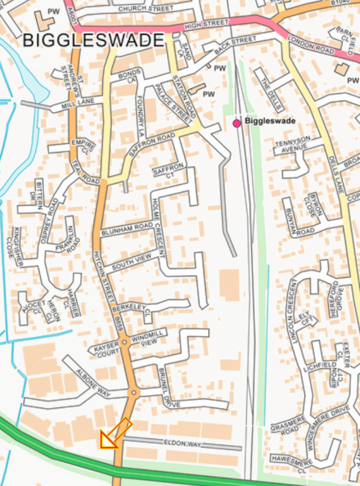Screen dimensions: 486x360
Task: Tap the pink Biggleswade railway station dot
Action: (236, 124)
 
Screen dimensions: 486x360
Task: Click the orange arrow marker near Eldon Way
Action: (114, 433)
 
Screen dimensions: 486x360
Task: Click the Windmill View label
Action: (156, 340)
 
